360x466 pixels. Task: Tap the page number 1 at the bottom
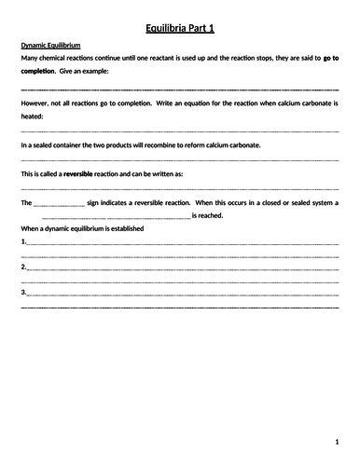(x=337, y=441)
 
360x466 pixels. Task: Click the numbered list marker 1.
(x=22, y=240)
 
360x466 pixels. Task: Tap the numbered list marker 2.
(x=22, y=267)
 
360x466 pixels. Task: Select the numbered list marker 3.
(x=22, y=293)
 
